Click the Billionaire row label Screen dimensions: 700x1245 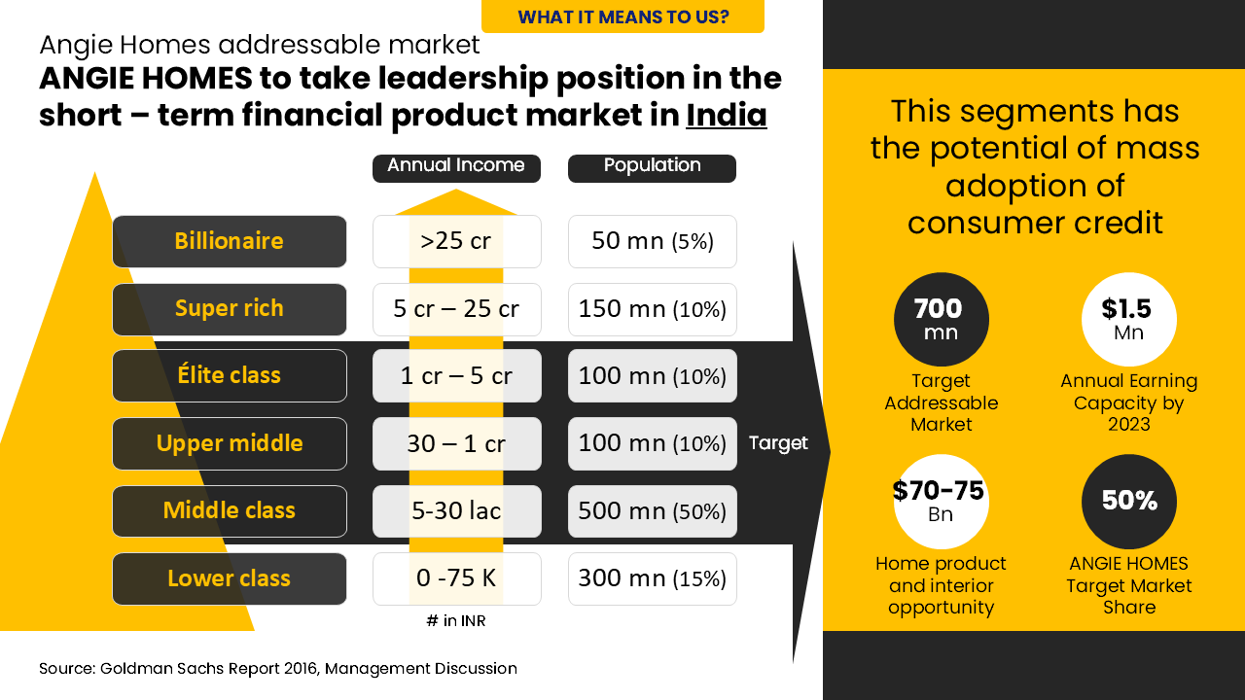[x=230, y=241]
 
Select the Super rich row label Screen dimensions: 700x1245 [x=230, y=309]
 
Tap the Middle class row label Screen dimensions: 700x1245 [x=230, y=511]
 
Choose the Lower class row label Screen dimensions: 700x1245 [x=230, y=578]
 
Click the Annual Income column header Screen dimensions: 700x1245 [x=456, y=166]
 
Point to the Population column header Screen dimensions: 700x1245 [x=652, y=166]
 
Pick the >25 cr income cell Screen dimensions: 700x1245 [x=456, y=241]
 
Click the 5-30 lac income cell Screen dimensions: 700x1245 [x=456, y=511]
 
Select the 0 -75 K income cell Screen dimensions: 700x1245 [x=456, y=578]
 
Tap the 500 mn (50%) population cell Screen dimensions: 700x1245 [x=652, y=511]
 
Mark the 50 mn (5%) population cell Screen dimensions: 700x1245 [x=652, y=241]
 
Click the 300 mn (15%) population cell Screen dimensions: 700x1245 [x=652, y=578]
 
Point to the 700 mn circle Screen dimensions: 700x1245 [x=941, y=319]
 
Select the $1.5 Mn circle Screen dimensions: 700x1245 [x=1128, y=319]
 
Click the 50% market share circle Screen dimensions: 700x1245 [x=1128, y=502]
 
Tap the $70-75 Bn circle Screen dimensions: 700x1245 [x=941, y=502]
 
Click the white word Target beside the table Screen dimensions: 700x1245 [x=778, y=443]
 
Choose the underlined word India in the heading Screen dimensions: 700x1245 [x=727, y=116]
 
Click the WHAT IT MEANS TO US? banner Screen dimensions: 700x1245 [x=622, y=17]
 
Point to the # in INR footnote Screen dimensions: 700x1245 [x=455, y=621]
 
